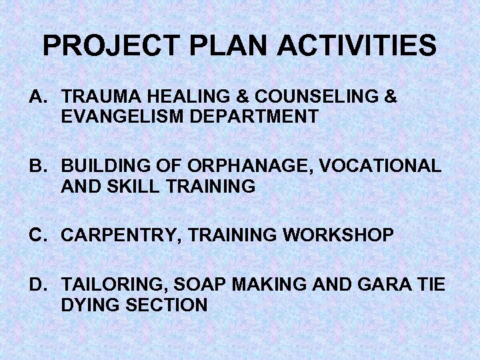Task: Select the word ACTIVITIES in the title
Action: [x=357, y=46]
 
